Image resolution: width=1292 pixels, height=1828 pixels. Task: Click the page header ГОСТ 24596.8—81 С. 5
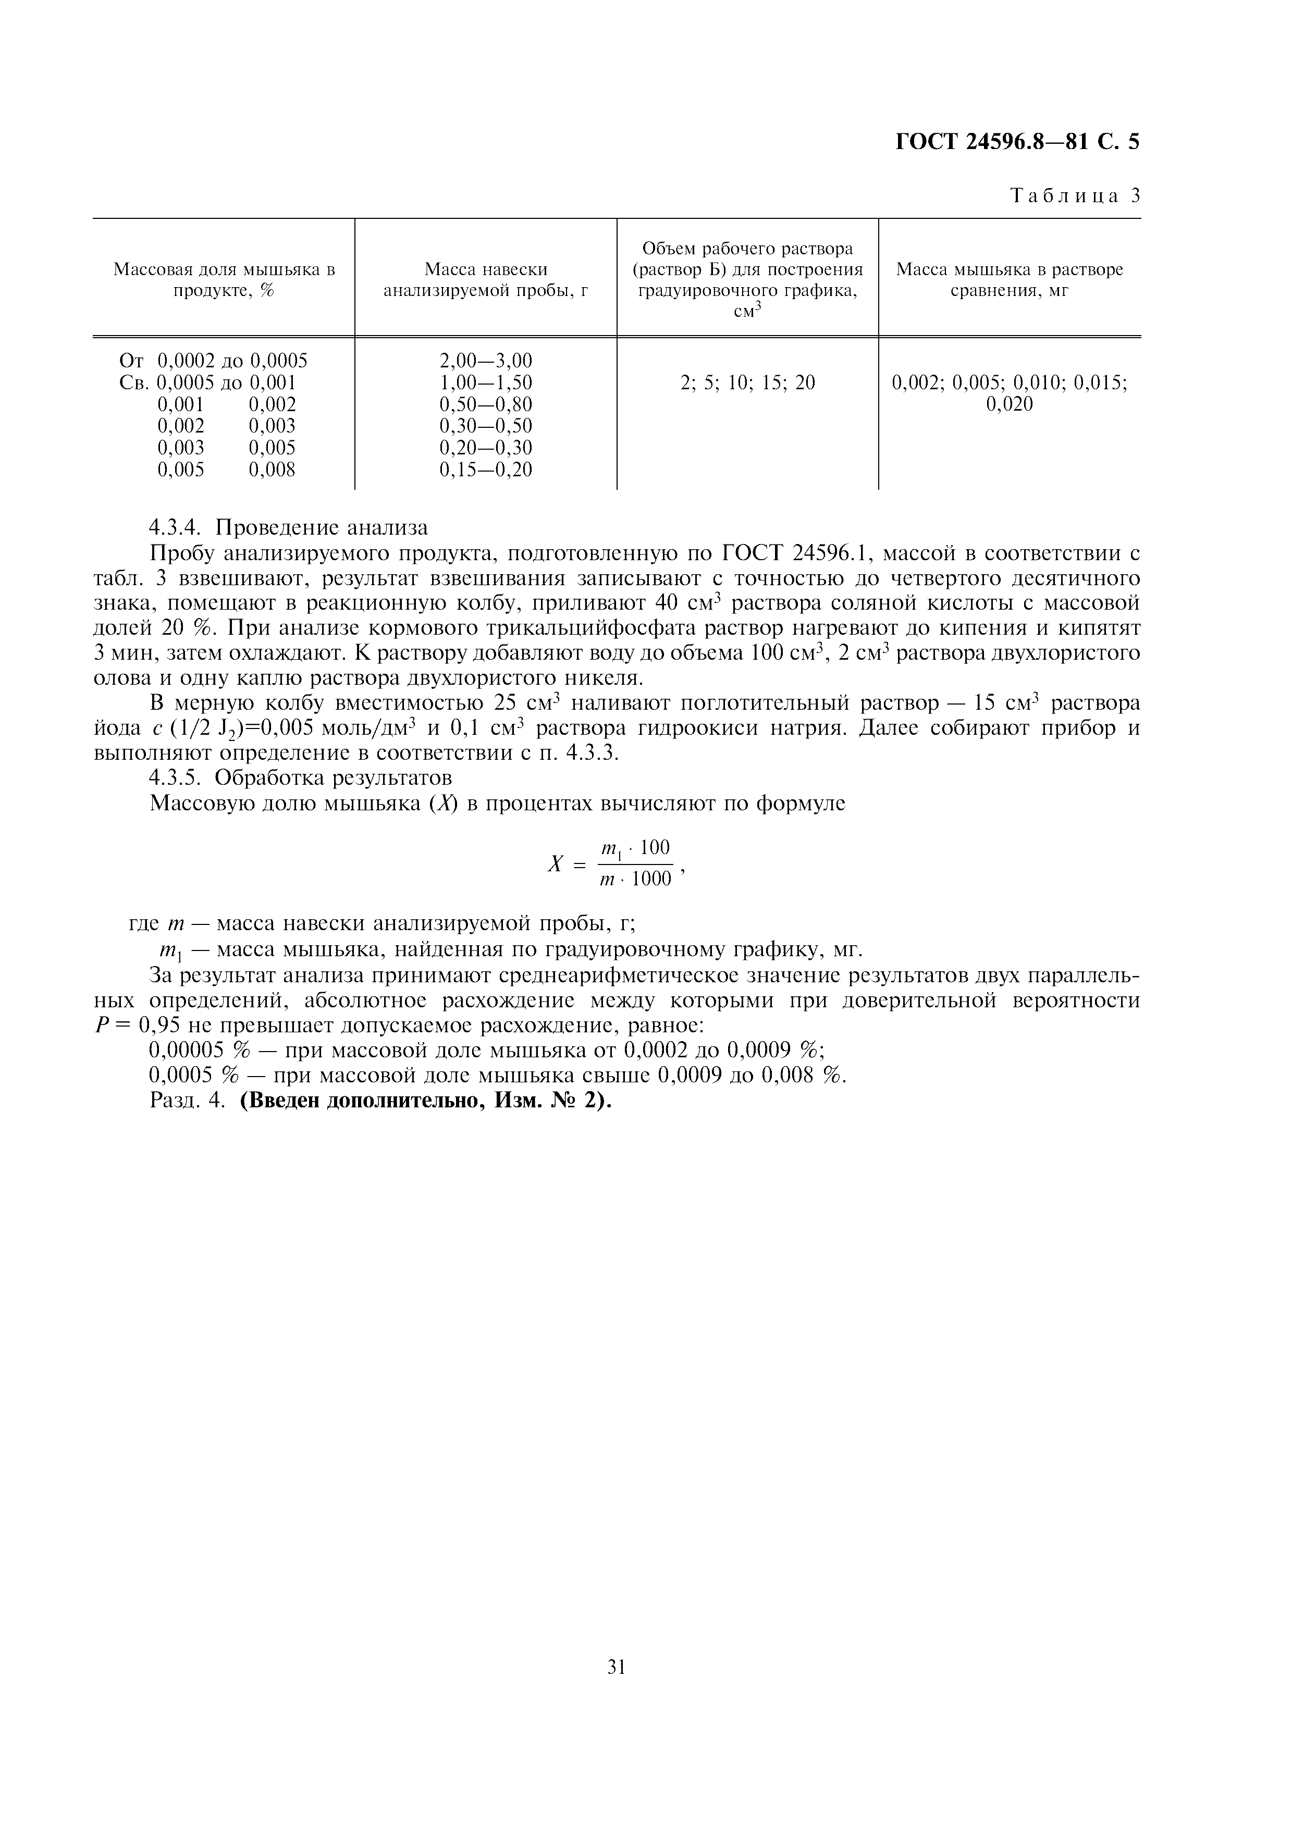point(1017,142)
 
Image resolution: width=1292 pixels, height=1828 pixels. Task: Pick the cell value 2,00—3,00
point(486,361)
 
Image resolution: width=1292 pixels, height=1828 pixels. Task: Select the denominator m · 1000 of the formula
point(635,880)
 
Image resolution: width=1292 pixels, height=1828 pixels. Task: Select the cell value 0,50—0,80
point(486,404)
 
